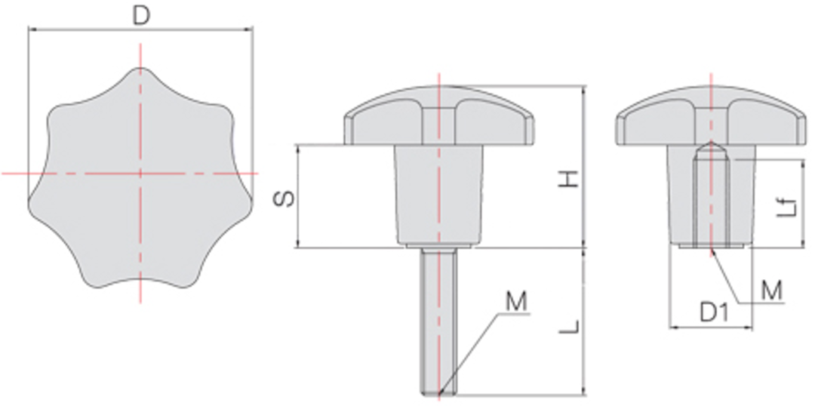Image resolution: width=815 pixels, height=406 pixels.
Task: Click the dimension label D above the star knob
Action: (x=140, y=15)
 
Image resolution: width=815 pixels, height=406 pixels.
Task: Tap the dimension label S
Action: (x=283, y=198)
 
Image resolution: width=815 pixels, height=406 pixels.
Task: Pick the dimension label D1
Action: (x=712, y=312)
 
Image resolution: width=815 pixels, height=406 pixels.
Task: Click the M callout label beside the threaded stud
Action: (x=515, y=303)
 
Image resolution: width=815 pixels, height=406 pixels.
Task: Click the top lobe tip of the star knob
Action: (x=140, y=72)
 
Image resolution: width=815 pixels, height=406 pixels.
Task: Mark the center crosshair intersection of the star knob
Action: (x=140, y=174)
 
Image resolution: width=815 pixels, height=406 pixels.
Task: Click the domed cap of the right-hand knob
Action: (x=710, y=113)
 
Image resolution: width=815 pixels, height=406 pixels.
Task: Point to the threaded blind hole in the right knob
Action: (x=710, y=200)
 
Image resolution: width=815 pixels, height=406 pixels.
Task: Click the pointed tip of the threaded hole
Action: (x=710, y=144)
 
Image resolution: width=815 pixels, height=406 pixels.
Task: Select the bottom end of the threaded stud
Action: (x=438, y=391)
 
